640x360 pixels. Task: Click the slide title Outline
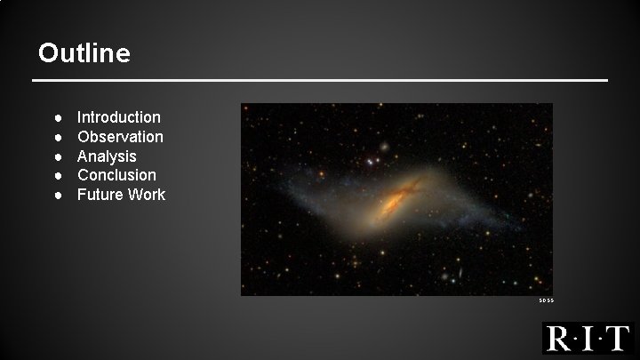[x=84, y=53]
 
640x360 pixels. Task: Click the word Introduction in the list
[x=119, y=117]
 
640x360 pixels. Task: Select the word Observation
[x=120, y=137]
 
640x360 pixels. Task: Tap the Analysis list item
[x=107, y=156]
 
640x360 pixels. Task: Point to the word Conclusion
[x=116, y=175]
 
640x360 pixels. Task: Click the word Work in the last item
[x=146, y=195]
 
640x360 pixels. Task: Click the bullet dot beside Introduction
[x=57, y=117]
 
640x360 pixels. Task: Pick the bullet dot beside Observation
[x=57, y=137]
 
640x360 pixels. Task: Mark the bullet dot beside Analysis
[x=57, y=156]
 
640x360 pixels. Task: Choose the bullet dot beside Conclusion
[x=57, y=175]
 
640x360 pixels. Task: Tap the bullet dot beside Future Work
[x=57, y=195]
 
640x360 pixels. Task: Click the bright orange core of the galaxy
[x=392, y=203]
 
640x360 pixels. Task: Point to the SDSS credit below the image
[x=546, y=301]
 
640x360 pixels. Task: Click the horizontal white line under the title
[x=320, y=81]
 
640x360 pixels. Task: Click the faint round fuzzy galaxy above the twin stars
[x=383, y=145]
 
